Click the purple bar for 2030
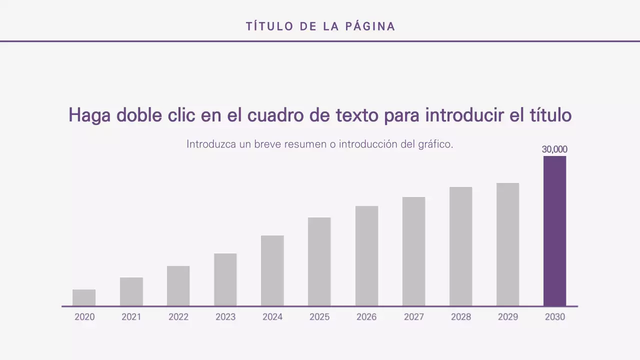point(554,231)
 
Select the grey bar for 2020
point(84,298)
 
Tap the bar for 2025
point(319,261)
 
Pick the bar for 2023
point(225,279)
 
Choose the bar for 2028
point(460,246)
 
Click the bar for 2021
point(131,291)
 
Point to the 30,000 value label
point(554,149)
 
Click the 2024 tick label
point(272,317)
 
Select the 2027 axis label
point(413,317)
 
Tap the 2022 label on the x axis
point(178,317)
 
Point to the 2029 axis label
point(508,317)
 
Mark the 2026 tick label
point(366,317)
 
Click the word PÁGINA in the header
point(370,26)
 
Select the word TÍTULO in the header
point(270,26)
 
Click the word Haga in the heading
point(89,115)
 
